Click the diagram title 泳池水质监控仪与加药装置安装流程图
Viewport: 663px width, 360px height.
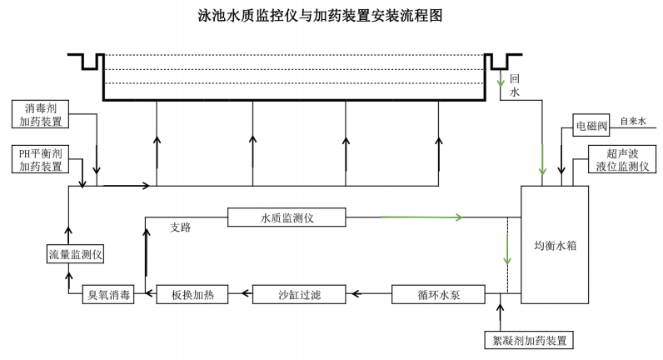coord(331,16)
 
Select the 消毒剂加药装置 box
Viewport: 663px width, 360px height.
coord(42,115)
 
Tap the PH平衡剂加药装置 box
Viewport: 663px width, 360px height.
coord(42,160)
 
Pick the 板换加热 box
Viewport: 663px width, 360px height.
coord(187,294)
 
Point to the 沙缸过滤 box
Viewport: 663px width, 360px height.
coord(299,294)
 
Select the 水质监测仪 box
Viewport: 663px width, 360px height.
coord(286,217)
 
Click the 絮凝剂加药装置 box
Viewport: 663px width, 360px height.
coord(528,340)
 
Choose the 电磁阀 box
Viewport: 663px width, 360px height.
coord(591,127)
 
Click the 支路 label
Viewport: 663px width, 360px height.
coord(180,227)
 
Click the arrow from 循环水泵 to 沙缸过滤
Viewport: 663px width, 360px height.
coord(371,294)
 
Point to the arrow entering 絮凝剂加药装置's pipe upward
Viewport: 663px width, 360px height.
coord(500,313)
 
